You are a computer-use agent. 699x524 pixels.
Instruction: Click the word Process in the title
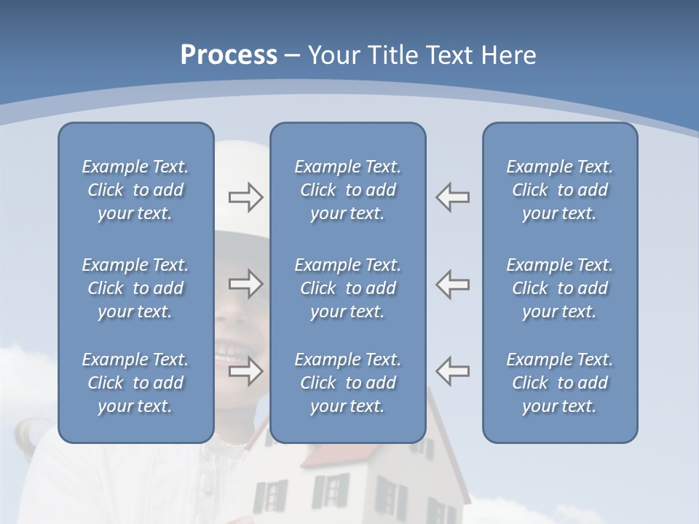(228, 55)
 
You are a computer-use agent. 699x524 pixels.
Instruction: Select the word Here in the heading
(508, 55)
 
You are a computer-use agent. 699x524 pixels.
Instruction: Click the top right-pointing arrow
(246, 197)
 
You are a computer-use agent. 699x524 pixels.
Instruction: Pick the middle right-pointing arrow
(246, 284)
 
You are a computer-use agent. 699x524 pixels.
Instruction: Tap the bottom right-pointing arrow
(246, 371)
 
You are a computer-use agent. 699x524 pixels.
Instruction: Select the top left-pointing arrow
(452, 197)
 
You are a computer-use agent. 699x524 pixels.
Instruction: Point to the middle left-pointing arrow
(452, 284)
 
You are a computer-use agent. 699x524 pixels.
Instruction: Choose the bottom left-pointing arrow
(452, 371)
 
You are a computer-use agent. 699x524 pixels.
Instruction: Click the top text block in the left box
(135, 190)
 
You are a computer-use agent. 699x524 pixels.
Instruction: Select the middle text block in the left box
(135, 288)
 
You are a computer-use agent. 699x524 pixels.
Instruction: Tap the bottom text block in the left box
(135, 383)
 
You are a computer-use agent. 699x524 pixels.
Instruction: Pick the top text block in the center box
(347, 190)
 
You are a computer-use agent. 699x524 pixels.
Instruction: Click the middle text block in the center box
(347, 288)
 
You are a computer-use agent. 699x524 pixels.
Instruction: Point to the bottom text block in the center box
(347, 383)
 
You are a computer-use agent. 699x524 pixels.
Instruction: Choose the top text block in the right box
(559, 190)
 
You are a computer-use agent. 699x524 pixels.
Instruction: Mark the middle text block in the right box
(559, 288)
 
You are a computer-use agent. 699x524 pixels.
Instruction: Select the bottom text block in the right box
(559, 383)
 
